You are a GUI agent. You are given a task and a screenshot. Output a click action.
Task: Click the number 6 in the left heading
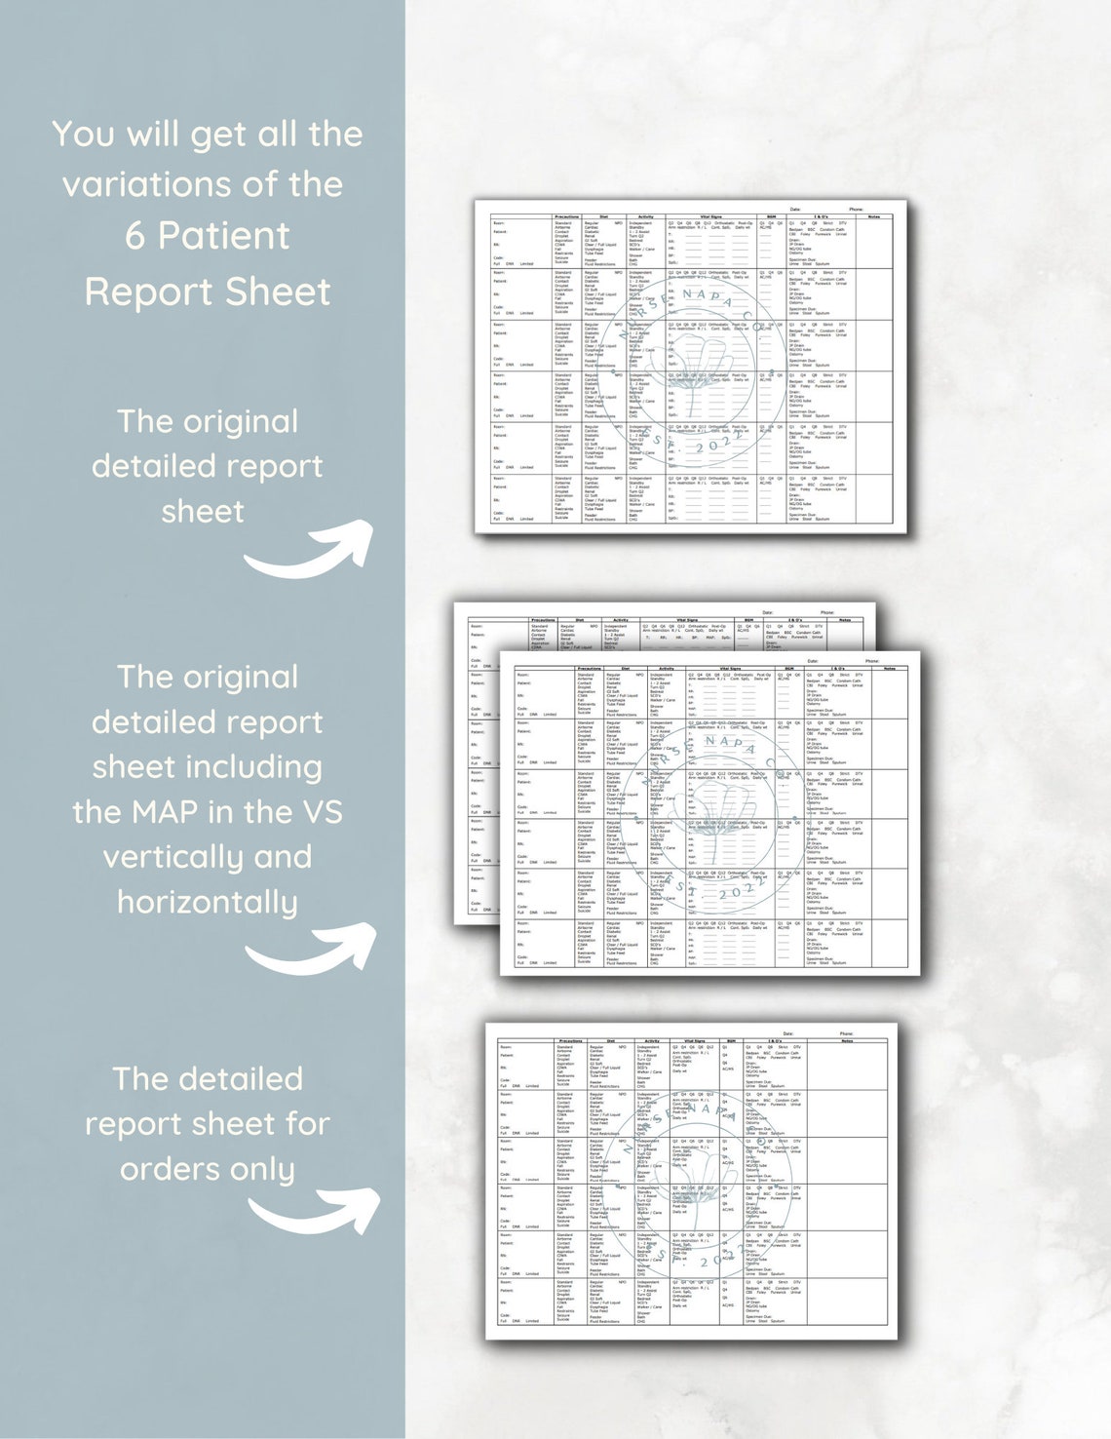[x=134, y=237]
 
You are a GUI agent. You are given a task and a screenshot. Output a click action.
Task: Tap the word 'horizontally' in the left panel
[x=207, y=903]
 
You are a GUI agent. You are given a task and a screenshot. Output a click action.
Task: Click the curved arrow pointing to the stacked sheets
[x=312, y=950]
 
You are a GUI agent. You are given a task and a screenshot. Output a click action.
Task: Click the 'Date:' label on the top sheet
[x=795, y=209]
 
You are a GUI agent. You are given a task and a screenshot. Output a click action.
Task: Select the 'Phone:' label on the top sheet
[x=856, y=209]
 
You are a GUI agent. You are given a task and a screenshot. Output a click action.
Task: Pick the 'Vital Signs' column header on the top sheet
[x=709, y=216]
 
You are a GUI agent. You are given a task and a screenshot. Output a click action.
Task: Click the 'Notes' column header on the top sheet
[x=873, y=216]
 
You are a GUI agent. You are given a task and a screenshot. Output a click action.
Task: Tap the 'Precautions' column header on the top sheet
[x=566, y=216]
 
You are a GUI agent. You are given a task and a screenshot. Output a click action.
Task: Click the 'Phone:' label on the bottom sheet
[x=846, y=1033]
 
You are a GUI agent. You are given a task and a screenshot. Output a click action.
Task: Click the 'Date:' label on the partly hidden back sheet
[x=768, y=612]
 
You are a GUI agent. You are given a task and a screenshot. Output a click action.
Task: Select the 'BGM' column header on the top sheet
[x=771, y=216]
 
